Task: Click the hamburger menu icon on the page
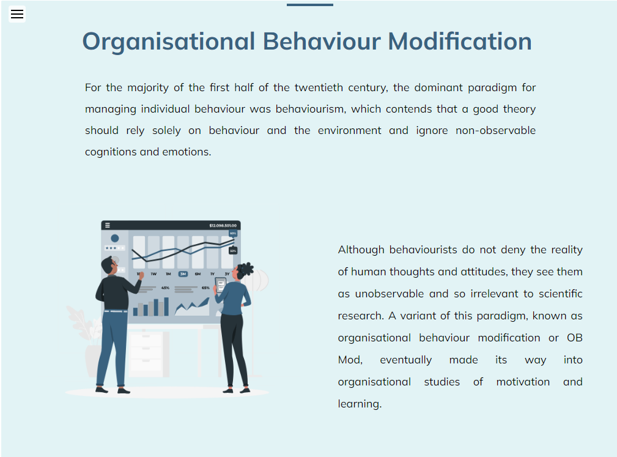tap(17, 14)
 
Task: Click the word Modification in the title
tap(460, 42)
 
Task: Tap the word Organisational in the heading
tap(168, 42)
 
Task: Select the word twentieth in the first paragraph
tap(319, 87)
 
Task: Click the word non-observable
tap(495, 130)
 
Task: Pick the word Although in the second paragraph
tap(361, 250)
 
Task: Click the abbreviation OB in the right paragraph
tap(575, 338)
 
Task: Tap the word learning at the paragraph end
tap(360, 404)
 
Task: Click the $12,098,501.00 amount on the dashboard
tap(223, 226)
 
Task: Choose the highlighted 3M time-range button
tap(183, 274)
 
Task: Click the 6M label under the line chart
tap(198, 274)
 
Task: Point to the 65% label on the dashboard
tap(205, 288)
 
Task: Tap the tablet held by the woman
tap(220, 284)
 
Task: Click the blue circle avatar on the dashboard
tap(115, 238)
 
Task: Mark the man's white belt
tap(116, 311)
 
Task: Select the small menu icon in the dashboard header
tap(108, 226)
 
